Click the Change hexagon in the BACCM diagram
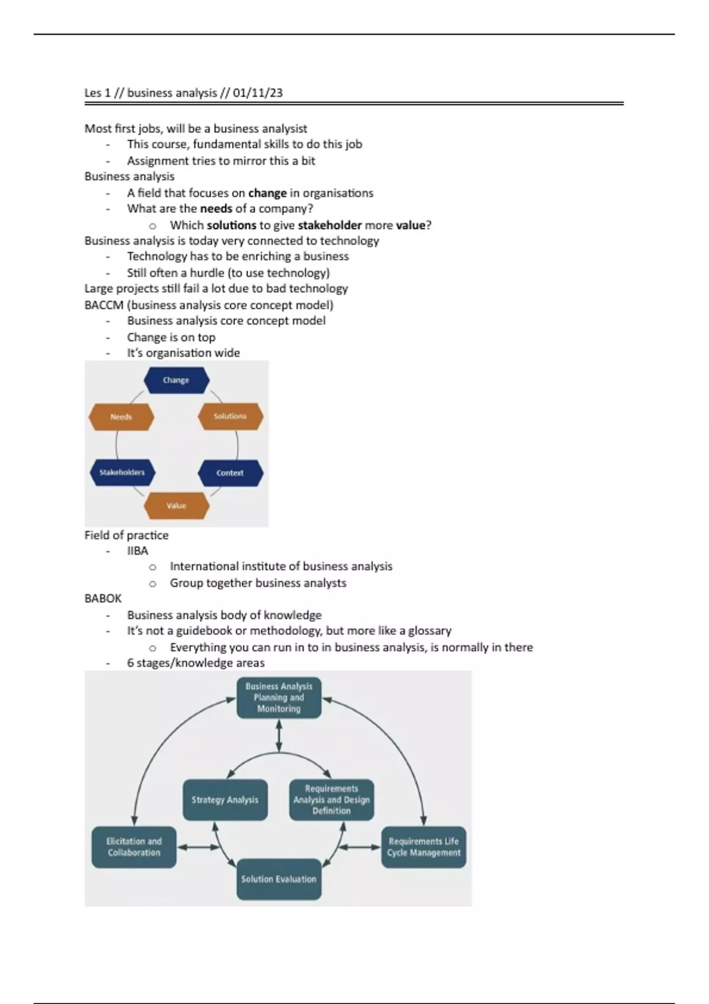tap(176, 380)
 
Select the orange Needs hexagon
tap(121, 417)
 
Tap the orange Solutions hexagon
tap(230, 416)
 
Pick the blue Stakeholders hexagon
tap(122, 472)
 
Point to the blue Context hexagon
tap(230, 473)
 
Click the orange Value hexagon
tap(176, 506)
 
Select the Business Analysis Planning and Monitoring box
tap(279, 697)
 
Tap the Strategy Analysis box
tap(225, 800)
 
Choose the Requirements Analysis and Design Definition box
tap(331, 800)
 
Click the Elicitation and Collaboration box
tap(134, 847)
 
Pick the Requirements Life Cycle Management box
tap(424, 847)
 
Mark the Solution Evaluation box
tap(279, 879)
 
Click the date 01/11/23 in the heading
tap(258, 93)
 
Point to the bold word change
tap(267, 193)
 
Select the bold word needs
tap(216, 208)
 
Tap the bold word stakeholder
tap(330, 225)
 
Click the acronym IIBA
tap(138, 550)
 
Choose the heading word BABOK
tap(103, 598)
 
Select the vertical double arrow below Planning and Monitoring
tap(279, 736)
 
